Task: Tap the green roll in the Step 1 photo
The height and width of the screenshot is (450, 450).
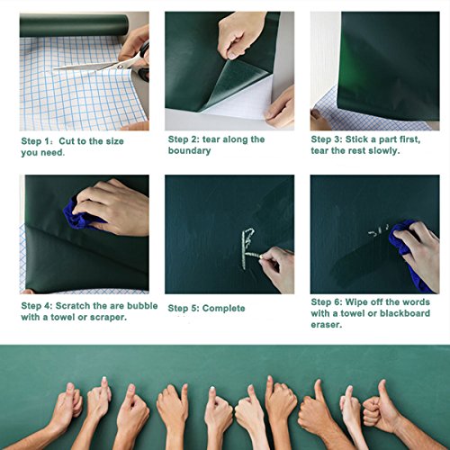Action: (x=74, y=25)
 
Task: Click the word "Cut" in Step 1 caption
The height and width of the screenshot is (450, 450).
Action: (x=67, y=141)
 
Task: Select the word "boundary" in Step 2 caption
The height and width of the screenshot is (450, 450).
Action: (x=189, y=150)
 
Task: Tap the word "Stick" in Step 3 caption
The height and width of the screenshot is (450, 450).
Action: (x=356, y=139)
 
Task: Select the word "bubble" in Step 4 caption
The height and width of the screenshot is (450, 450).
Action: (x=142, y=306)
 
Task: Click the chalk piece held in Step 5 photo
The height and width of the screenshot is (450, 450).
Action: (x=254, y=256)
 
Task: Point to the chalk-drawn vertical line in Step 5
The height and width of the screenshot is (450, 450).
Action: (x=244, y=249)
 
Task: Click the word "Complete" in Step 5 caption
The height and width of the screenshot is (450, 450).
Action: (x=223, y=309)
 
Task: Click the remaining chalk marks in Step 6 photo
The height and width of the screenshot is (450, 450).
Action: (x=379, y=231)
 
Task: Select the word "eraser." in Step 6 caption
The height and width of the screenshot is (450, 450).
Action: (x=327, y=325)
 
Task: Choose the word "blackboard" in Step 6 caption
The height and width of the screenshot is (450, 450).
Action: (x=405, y=313)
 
